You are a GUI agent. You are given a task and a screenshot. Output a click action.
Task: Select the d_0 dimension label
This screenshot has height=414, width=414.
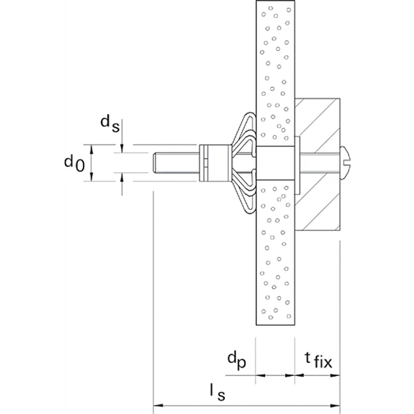(74, 163)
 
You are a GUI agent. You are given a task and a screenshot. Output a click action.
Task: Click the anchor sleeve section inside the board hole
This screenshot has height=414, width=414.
(275, 164)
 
